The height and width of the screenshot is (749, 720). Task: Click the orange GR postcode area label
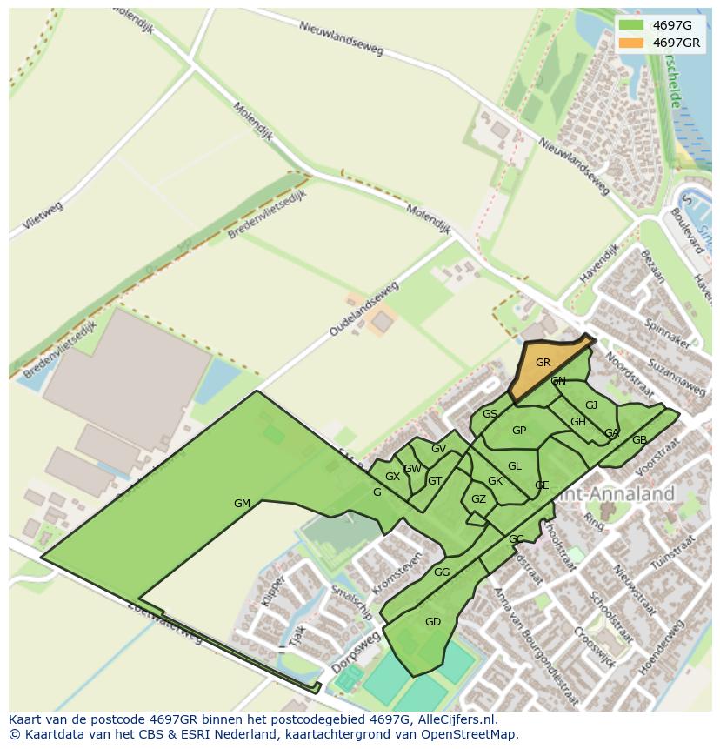tap(543, 363)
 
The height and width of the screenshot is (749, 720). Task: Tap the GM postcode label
tap(242, 504)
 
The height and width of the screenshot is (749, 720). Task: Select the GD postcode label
tap(433, 621)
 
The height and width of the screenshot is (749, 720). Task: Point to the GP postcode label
tap(519, 431)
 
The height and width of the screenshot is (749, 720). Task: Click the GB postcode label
tap(639, 440)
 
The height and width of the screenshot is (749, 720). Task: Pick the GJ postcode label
tap(591, 405)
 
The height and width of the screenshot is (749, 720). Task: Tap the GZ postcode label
tap(478, 499)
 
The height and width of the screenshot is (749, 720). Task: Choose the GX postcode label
tap(392, 477)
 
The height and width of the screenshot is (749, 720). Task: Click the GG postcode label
tap(442, 572)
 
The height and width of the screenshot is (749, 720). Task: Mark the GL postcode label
tap(515, 466)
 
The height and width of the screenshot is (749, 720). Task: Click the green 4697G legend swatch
tap(631, 25)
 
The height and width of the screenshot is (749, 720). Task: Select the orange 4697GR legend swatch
tap(631, 43)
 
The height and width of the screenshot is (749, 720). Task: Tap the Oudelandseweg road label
tap(363, 309)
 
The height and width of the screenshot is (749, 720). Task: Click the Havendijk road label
tap(599, 264)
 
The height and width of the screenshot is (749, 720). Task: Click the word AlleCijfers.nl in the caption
tap(452, 719)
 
